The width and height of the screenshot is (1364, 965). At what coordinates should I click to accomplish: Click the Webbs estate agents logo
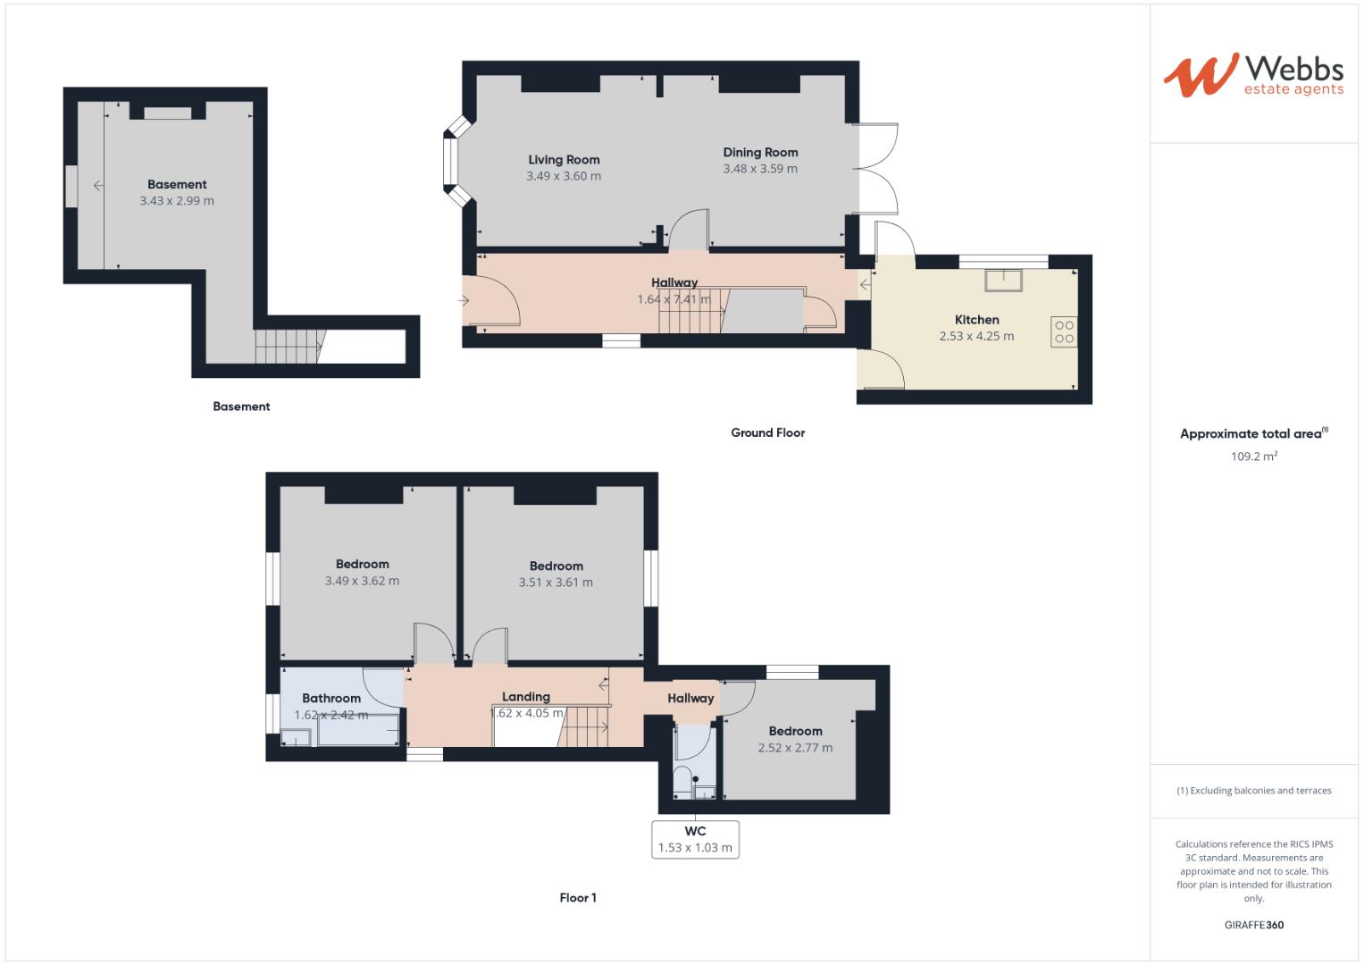tap(1252, 74)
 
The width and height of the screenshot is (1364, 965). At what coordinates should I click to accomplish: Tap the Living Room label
tap(564, 160)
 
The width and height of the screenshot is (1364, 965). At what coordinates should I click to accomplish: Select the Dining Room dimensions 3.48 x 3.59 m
tap(760, 169)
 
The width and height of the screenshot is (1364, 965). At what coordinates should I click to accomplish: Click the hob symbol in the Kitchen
tap(1064, 332)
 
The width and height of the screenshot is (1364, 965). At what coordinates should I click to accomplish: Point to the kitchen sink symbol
tap(1005, 280)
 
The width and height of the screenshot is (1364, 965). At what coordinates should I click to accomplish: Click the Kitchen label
tap(976, 320)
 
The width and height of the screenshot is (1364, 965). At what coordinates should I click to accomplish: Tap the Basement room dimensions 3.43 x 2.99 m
tap(177, 201)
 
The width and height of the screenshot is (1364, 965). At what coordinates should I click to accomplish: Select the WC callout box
tap(695, 840)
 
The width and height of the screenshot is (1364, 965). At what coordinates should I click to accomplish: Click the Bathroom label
tap(331, 699)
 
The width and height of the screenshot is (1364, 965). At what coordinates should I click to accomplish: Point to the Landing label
tap(525, 697)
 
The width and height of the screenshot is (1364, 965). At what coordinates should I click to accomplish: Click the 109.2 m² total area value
tap(1253, 457)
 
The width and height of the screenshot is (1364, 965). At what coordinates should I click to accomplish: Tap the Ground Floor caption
tap(767, 432)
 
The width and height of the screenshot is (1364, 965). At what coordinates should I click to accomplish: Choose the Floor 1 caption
tap(578, 898)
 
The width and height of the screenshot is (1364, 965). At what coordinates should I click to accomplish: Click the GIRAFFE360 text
tap(1253, 925)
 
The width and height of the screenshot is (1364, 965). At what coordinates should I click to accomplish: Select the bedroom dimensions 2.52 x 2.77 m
tap(795, 748)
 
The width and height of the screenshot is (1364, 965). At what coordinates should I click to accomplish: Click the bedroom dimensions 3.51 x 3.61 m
tap(556, 583)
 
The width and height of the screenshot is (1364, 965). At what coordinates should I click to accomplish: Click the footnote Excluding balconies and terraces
tap(1253, 791)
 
